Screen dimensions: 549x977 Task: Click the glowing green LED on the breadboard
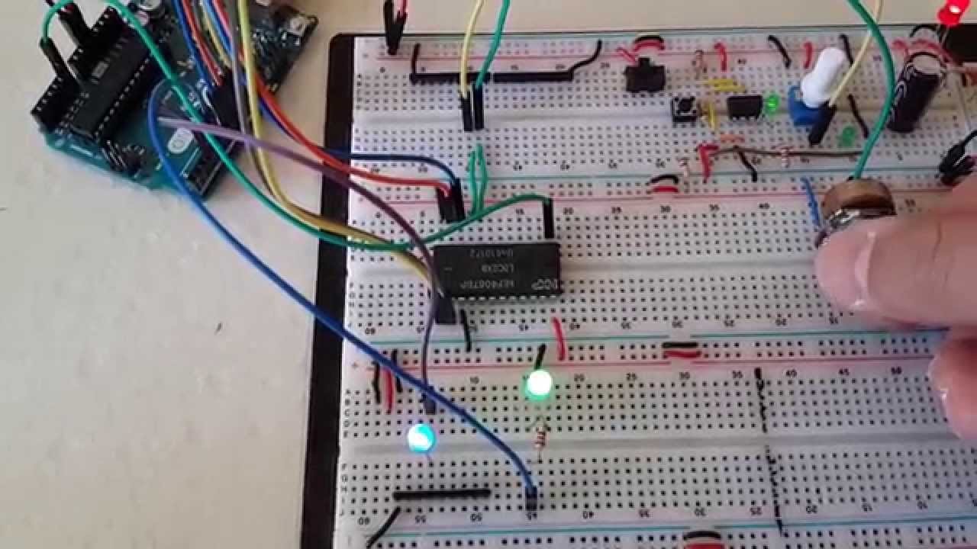click(x=539, y=384)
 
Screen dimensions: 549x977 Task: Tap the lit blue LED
click(x=421, y=438)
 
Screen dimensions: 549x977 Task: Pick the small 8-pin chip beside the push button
click(x=744, y=106)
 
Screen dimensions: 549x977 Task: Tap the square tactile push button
click(x=686, y=111)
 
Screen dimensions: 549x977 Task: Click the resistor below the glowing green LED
click(x=541, y=440)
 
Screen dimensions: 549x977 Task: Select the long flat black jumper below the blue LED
click(x=442, y=494)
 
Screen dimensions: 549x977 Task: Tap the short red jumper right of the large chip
click(x=559, y=338)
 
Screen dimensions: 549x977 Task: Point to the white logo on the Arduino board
click(x=178, y=142)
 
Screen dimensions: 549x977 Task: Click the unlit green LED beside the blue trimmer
click(x=846, y=138)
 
